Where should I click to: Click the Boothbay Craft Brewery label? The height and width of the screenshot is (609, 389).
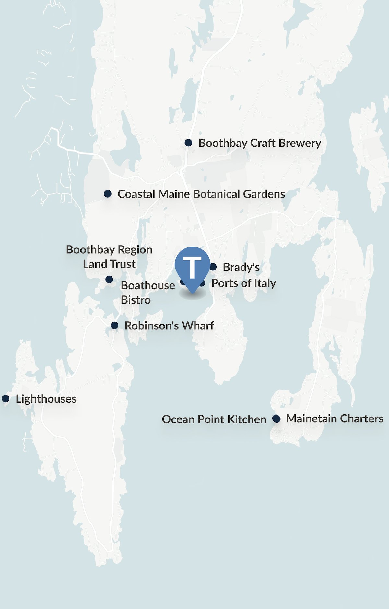pyautogui.click(x=260, y=143)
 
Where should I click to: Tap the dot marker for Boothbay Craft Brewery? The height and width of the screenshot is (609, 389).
pyautogui.click(x=188, y=143)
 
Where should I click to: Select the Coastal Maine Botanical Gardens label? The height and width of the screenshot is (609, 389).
pyautogui.click(x=201, y=194)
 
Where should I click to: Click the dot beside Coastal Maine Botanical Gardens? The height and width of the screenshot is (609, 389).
pyautogui.click(x=108, y=194)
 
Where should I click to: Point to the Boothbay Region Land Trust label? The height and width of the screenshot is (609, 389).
pyautogui.click(x=109, y=257)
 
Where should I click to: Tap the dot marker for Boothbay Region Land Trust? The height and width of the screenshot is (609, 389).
pyautogui.click(x=109, y=279)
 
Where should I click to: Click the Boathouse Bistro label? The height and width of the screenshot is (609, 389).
pyautogui.click(x=147, y=292)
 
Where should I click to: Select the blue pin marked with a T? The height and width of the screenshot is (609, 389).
pyautogui.click(x=193, y=267)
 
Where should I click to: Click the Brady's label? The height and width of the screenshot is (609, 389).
pyautogui.click(x=241, y=267)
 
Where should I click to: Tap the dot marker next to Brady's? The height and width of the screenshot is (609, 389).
pyautogui.click(x=213, y=267)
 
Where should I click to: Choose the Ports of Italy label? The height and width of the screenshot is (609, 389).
pyautogui.click(x=243, y=283)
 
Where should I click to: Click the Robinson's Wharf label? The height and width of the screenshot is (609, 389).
pyautogui.click(x=169, y=326)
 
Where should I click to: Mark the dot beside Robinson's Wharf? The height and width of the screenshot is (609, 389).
pyautogui.click(x=114, y=325)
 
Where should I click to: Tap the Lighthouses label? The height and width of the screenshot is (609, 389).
pyautogui.click(x=46, y=399)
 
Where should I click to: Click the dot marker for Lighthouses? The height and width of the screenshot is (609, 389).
pyautogui.click(x=6, y=398)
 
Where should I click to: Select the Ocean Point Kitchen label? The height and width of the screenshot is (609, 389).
pyautogui.click(x=214, y=419)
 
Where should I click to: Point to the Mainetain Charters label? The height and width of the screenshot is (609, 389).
pyautogui.click(x=335, y=419)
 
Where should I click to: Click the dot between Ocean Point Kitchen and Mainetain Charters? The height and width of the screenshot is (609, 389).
pyautogui.click(x=276, y=419)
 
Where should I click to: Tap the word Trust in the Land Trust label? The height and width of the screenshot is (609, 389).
pyautogui.click(x=123, y=264)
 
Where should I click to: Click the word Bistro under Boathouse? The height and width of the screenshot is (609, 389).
pyautogui.click(x=136, y=300)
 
